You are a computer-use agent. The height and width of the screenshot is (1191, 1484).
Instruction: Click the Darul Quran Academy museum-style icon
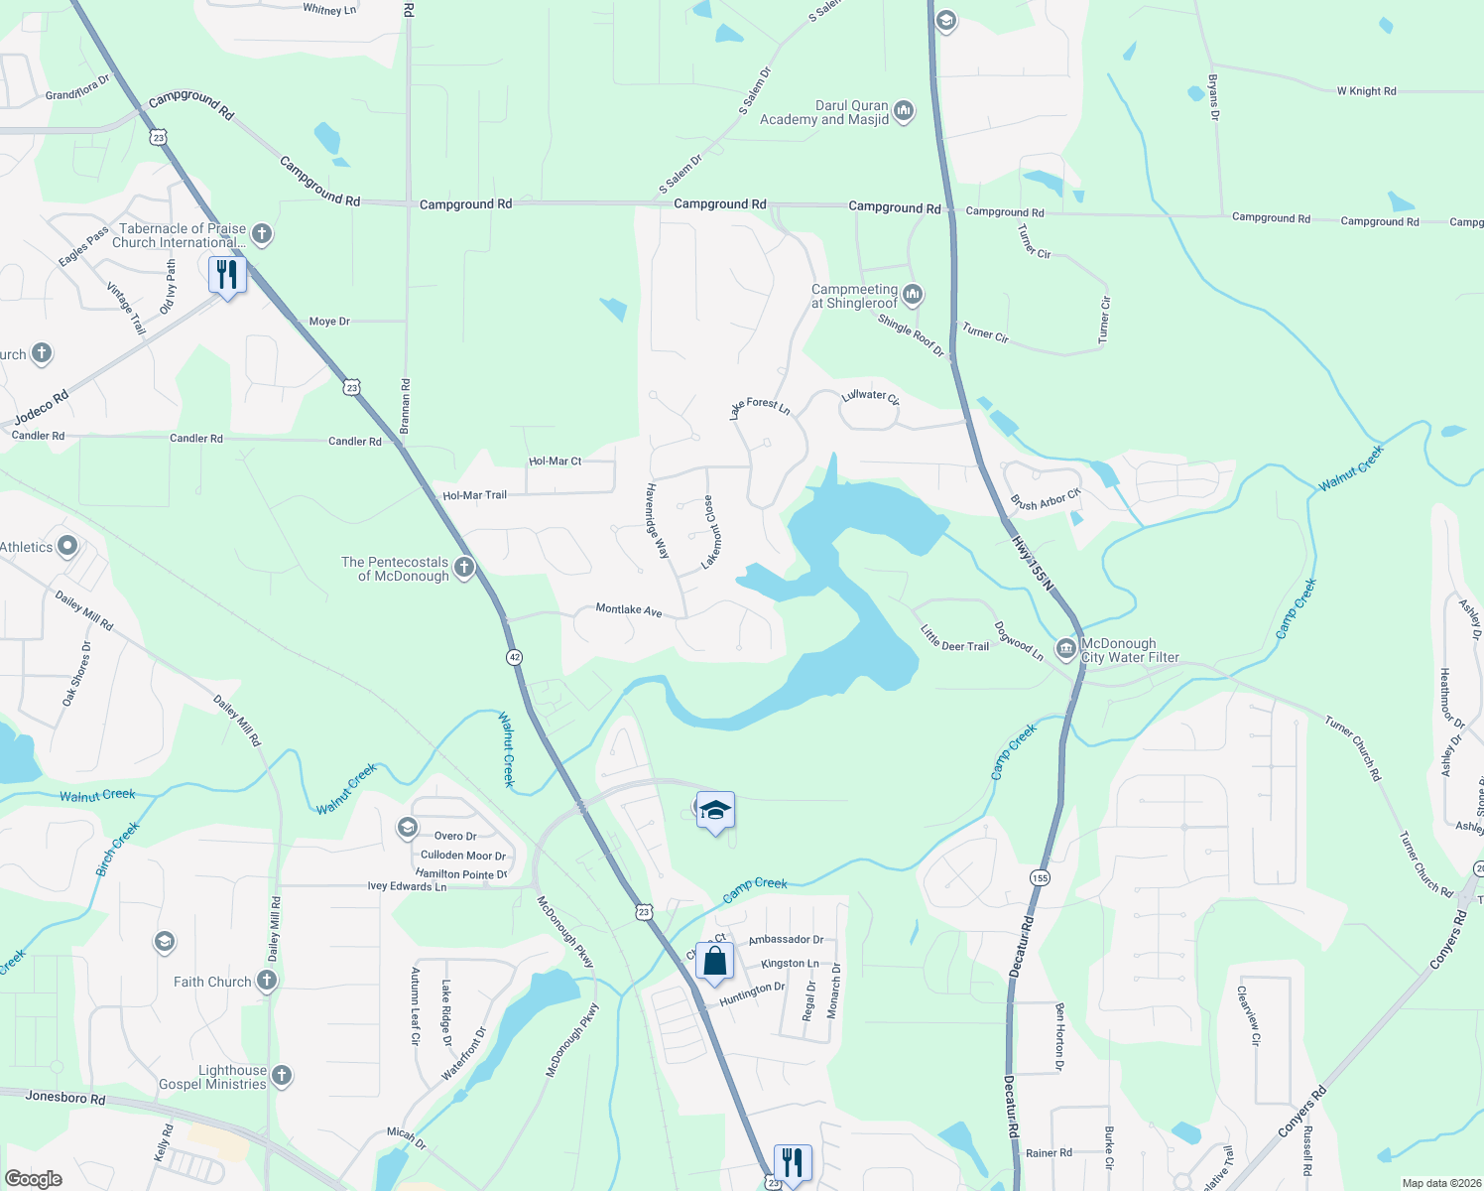click(904, 110)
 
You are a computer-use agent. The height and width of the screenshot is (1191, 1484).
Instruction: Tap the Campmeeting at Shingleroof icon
click(913, 294)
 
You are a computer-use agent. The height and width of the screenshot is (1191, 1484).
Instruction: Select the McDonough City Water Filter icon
click(1066, 649)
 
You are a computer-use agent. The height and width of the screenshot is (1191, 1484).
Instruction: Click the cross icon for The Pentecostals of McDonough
click(464, 567)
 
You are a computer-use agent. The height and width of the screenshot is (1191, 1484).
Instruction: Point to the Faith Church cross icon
click(266, 981)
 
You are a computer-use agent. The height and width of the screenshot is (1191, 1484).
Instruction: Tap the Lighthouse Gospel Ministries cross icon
click(282, 1076)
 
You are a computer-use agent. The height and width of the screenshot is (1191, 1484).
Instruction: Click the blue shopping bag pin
click(714, 961)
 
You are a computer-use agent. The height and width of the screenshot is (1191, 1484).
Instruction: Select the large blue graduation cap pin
click(715, 810)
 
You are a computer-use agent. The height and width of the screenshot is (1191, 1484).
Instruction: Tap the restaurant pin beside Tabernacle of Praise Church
click(227, 275)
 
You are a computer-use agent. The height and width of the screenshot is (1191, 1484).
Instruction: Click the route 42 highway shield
click(514, 657)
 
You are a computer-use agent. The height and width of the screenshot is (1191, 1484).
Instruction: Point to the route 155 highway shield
click(1039, 877)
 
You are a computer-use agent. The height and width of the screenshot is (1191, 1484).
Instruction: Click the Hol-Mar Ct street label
click(556, 462)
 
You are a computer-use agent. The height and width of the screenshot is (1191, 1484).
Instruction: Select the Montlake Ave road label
click(629, 609)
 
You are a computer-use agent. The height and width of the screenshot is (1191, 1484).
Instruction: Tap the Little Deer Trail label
click(954, 638)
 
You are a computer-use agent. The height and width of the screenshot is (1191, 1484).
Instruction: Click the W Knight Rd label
click(1366, 91)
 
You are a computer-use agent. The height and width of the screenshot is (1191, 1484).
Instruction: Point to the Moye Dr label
click(329, 322)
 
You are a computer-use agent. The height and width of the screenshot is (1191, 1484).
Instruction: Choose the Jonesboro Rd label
click(65, 1098)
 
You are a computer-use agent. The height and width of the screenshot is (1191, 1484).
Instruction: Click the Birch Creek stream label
click(117, 850)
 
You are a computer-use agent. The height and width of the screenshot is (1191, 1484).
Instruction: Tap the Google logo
click(34, 1179)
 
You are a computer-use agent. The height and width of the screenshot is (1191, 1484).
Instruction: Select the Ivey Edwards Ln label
click(407, 886)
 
